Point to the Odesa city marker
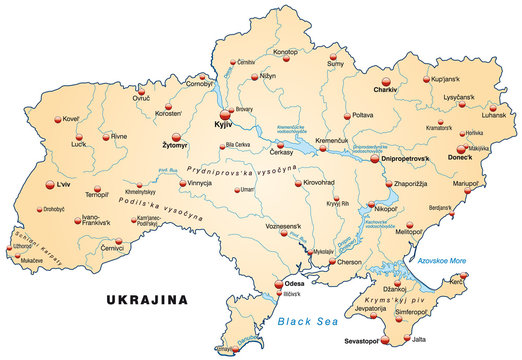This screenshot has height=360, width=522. [280, 286]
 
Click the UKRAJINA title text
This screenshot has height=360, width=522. [148, 299]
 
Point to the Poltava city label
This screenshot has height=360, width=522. [363, 115]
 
